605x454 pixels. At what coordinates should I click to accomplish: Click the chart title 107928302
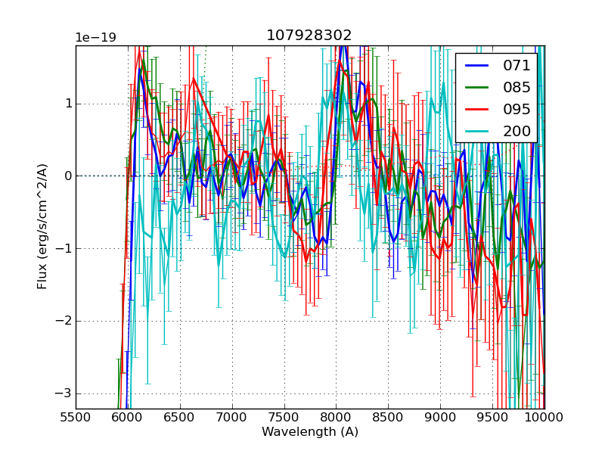[309, 36]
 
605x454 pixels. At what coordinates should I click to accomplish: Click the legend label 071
[517, 66]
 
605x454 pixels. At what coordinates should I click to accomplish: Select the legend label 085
[517, 87]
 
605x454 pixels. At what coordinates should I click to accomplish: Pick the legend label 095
[517, 109]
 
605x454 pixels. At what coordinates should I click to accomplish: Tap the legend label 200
[517, 131]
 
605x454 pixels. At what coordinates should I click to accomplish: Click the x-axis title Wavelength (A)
[310, 432]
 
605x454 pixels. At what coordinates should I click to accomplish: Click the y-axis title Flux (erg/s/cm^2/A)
[42, 227]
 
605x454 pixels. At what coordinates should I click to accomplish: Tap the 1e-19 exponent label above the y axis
[95, 38]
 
